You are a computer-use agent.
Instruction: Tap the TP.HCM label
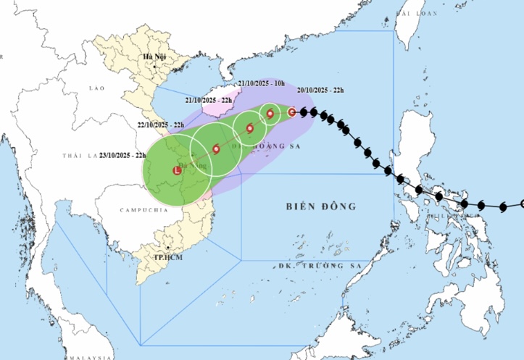pos(167,257)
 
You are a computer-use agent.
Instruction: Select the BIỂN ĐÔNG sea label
pos(320,206)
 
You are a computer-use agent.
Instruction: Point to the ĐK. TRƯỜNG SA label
pos(315,266)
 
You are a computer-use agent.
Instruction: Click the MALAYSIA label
pos(86,356)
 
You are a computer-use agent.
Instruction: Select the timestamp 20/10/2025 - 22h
pos(320,91)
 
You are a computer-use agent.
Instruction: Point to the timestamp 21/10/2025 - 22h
pos(209,100)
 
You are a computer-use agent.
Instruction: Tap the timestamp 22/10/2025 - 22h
pos(160,125)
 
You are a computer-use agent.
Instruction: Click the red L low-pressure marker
pos(178,171)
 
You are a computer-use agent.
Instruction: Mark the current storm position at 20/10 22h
pos(292,112)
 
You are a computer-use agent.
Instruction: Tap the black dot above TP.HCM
pos(168,248)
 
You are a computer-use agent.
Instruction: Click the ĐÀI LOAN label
pos(419,14)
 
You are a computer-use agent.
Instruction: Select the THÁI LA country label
pos(80,156)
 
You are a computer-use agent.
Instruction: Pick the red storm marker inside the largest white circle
pos(217,149)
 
